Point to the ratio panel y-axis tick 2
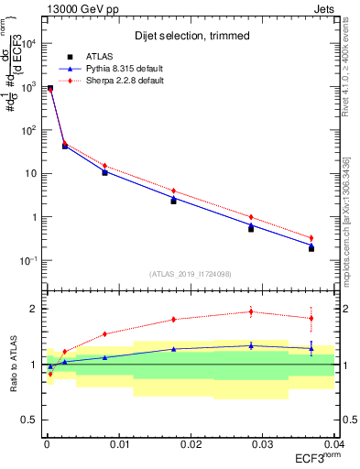[33, 309]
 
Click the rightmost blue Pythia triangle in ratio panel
[311, 349]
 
